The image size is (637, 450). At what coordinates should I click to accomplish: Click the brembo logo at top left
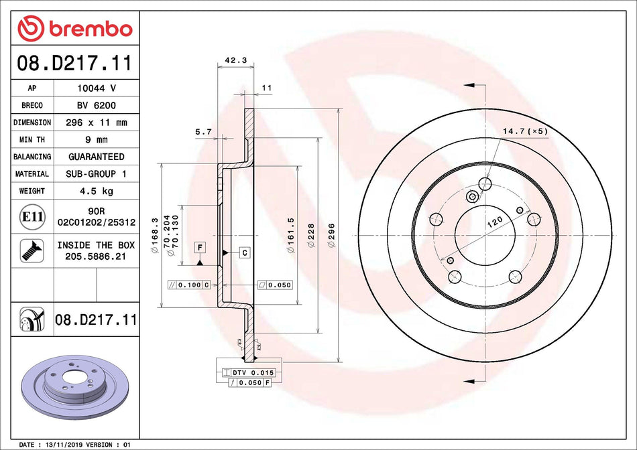[74, 29]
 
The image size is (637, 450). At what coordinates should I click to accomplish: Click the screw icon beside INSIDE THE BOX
[32, 250]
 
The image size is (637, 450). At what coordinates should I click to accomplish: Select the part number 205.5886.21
[96, 256]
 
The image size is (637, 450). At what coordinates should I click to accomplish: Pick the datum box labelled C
[245, 252]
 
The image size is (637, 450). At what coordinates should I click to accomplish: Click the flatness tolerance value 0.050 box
[275, 285]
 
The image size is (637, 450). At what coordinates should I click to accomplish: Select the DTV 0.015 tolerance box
[251, 372]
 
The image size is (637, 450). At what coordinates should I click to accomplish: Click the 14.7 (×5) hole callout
[525, 131]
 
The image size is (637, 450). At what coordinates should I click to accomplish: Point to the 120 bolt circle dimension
[495, 224]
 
